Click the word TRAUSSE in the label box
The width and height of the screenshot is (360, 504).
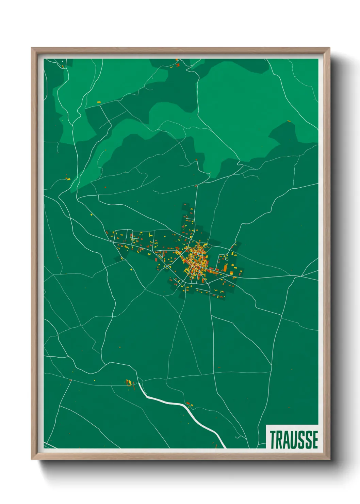coord(294,440)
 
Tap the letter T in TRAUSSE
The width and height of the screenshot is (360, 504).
coord(273,440)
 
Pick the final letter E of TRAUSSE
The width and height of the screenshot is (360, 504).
coord(315,440)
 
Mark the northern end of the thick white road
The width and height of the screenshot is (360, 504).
coord(139,384)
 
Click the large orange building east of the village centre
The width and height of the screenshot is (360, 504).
coord(225,268)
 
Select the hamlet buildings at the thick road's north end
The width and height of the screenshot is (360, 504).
coord(129,382)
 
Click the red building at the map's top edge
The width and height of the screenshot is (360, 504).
coord(177,64)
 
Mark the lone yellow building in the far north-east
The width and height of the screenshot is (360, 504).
coord(289,121)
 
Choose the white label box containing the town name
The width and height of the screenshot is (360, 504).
coord(292,437)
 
